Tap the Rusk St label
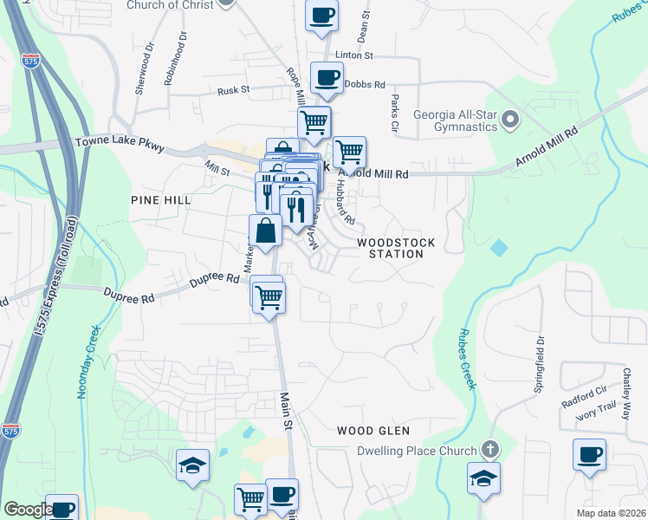point(234,89)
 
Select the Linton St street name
point(353,55)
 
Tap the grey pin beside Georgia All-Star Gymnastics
point(510,119)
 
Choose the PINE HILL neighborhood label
point(160,200)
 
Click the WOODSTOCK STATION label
point(390,248)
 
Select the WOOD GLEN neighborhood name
point(373,431)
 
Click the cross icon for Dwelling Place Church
point(490,450)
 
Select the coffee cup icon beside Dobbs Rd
point(327,78)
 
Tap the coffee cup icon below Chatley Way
point(589,455)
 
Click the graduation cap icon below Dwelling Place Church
point(484,477)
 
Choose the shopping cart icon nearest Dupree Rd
point(269,296)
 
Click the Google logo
point(28,510)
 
